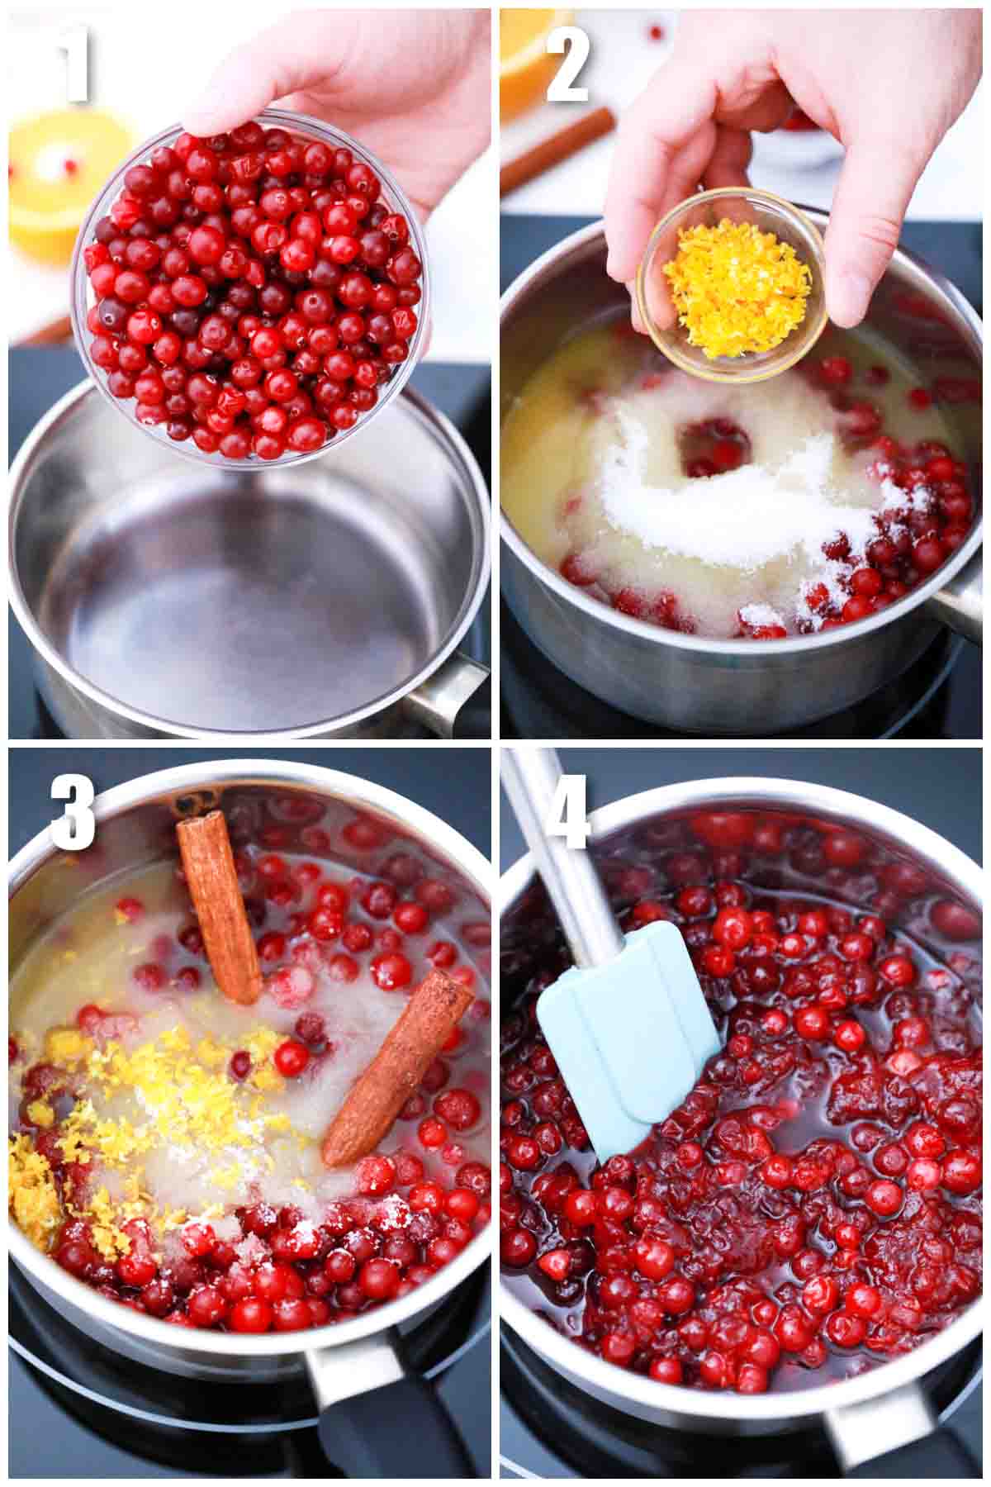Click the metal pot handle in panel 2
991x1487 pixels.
pyautogui.click(x=962, y=607)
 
